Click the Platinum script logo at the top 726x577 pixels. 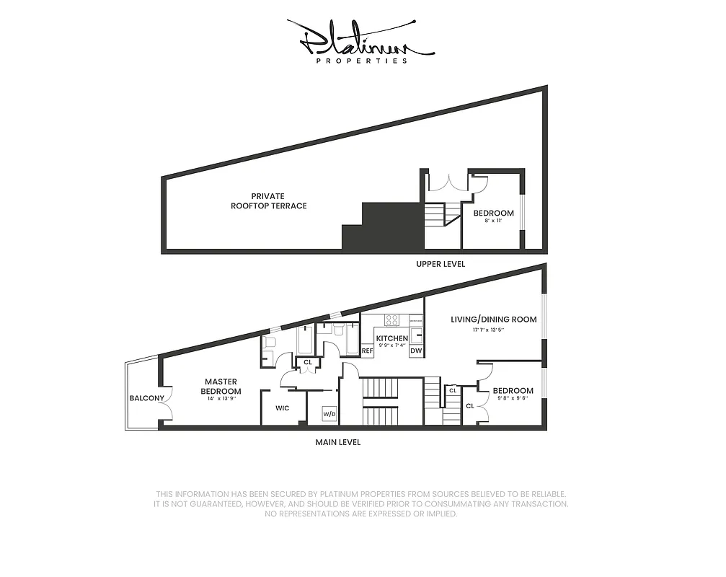(x=360, y=40)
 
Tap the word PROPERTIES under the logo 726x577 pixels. (x=362, y=61)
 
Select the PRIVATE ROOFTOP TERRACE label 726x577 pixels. (x=268, y=201)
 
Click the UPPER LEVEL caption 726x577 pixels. (x=441, y=264)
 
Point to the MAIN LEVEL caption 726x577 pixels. (x=337, y=442)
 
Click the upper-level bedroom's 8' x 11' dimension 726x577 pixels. (x=493, y=221)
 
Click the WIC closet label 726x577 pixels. (x=283, y=408)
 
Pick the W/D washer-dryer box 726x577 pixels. (x=329, y=414)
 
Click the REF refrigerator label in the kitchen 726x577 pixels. (x=367, y=351)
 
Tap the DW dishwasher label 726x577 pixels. (x=416, y=351)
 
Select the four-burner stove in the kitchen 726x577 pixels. (x=393, y=320)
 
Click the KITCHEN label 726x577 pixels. (x=392, y=338)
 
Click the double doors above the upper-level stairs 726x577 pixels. (x=448, y=182)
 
